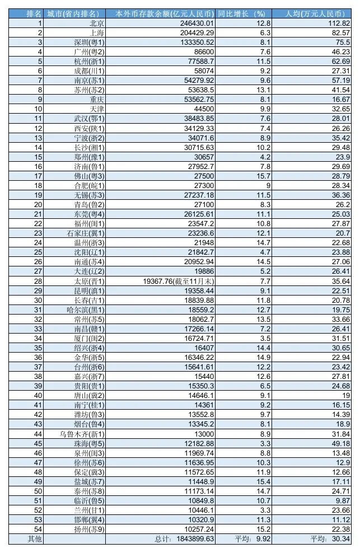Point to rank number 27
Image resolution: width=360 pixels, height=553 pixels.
(38, 271)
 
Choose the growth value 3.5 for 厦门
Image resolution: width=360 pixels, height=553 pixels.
(265, 338)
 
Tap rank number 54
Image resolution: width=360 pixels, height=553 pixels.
(38, 529)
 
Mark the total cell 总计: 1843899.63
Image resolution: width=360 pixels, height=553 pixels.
(184, 539)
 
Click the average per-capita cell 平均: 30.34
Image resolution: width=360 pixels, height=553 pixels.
(330, 539)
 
